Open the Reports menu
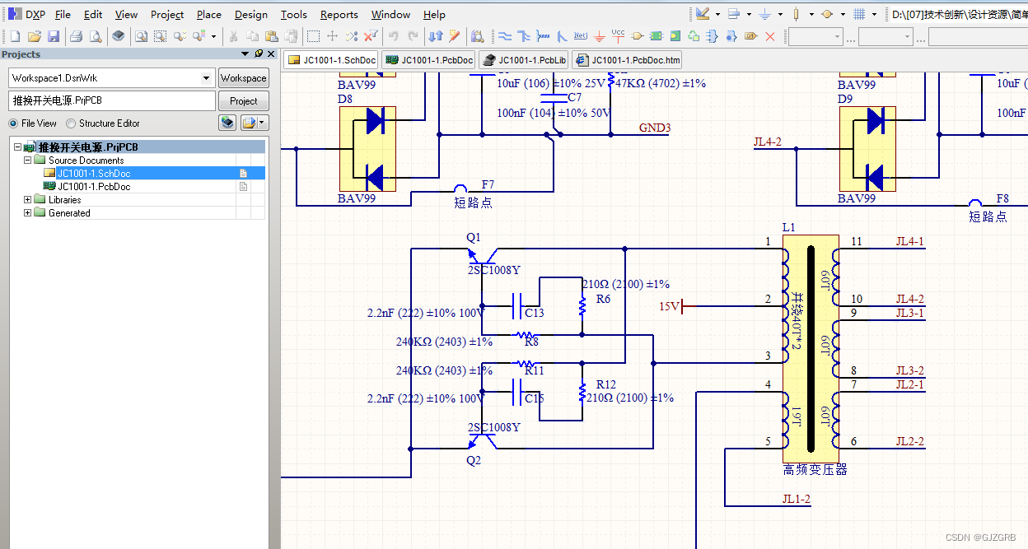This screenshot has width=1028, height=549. pyautogui.click(x=339, y=14)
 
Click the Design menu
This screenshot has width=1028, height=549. pyautogui.click(x=250, y=14)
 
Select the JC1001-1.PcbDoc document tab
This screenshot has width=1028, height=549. pyautogui.click(x=428, y=60)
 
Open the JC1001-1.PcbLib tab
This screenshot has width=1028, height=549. pyautogui.click(x=524, y=60)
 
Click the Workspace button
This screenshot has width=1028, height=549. pyautogui.click(x=243, y=78)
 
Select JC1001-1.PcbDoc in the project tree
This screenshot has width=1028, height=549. pyautogui.click(x=93, y=187)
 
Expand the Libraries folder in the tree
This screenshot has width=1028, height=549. pyautogui.click(x=28, y=200)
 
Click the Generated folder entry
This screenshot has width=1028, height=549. pyautogui.click(x=69, y=213)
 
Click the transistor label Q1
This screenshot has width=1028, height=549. pyautogui.click(x=473, y=237)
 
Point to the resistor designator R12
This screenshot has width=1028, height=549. pyautogui.click(x=605, y=384)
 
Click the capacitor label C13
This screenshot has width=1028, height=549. pyautogui.click(x=534, y=313)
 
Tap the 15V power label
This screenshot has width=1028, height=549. pyautogui.click(x=669, y=307)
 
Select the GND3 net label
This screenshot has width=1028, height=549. pyautogui.click(x=655, y=128)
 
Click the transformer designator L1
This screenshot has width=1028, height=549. pyautogui.click(x=788, y=227)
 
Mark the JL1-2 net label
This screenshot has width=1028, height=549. pyautogui.click(x=796, y=499)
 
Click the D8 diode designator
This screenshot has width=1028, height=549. pyautogui.click(x=345, y=99)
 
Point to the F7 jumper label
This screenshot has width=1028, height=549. pyautogui.click(x=488, y=185)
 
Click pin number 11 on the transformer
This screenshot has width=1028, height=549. pyautogui.click(x=856, y=241)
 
